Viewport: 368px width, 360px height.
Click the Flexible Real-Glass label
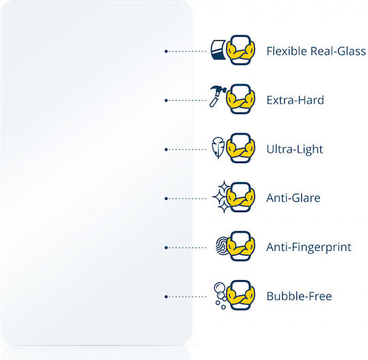[x=316, y=51]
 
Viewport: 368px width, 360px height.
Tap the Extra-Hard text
[x=295, y=100]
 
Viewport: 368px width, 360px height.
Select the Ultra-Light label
[x=295, y=149]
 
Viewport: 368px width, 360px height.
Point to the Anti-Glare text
[x=293, y=198]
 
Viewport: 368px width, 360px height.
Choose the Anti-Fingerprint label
[x=309, y=247]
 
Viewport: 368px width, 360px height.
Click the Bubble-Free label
[x=299, y=296]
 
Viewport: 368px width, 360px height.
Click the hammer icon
[x=217, y=97]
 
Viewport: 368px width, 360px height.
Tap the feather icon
[x=218, y=147]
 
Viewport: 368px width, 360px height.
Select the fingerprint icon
[x=221, y=246]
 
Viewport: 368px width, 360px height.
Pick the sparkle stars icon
[x=221, y=197]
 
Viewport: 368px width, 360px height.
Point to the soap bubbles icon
[x=220, y=295]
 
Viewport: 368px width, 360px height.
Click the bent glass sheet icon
[x=218, y=50]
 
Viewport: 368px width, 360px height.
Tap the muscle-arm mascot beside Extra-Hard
[x=241, y=99]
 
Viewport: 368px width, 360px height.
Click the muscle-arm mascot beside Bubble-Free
[x=241, y=295]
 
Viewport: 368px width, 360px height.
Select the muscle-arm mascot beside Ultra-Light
[x=241, y=148]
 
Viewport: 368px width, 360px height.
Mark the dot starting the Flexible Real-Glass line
[x=166, y=51]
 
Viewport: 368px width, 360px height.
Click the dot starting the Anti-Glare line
[x=166, y=198]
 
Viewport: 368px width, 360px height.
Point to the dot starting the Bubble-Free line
[x=166, y=297]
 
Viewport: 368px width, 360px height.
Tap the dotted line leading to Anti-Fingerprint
[x=185, y=247]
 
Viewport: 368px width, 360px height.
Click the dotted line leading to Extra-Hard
[x=185, y=100]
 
